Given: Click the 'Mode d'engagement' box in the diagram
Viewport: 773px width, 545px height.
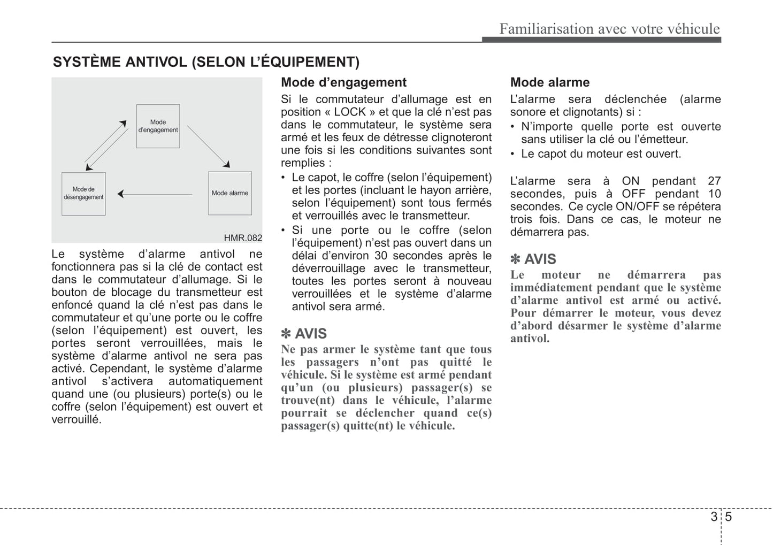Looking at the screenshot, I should (158, 126).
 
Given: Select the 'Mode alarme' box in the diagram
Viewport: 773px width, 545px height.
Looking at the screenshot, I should (229, 193).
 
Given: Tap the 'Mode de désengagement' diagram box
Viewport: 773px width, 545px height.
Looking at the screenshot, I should (83, 194).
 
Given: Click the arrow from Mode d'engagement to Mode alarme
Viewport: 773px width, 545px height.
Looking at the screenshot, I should (208, 147).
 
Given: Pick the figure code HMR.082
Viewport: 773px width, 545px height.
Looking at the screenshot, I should (243, 238).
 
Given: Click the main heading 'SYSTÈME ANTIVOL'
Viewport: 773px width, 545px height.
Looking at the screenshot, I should (206, 62).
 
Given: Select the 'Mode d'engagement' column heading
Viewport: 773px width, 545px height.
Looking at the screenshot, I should (343, 82).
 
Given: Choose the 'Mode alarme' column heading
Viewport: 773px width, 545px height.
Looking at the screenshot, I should (549, 82).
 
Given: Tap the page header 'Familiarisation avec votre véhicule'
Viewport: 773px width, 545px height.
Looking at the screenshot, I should (609, 28).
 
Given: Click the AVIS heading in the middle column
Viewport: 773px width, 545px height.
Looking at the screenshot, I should (304, 334).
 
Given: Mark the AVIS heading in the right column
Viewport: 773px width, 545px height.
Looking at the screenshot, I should (533, 259).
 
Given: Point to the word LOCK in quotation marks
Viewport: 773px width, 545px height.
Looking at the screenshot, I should (350, 112).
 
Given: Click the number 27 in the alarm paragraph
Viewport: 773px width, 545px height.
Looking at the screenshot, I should (714, 181).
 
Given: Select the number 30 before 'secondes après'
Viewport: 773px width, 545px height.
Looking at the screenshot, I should (381, 256).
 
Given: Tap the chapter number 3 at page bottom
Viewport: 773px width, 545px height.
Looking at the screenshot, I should (714, 517).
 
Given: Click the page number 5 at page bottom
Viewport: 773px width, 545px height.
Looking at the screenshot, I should (729, 517).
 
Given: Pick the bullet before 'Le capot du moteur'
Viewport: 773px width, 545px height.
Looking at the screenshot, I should (512, 154).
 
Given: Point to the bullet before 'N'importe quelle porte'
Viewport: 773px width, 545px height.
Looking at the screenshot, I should (512, 127).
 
